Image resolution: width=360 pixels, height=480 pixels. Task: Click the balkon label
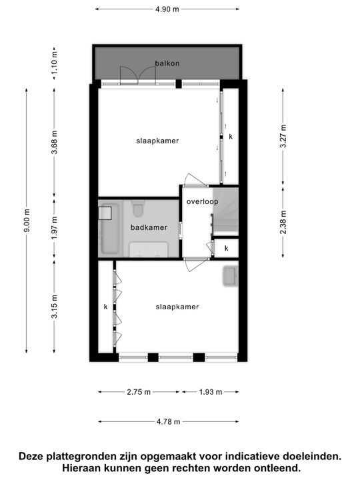(x=167, y=63)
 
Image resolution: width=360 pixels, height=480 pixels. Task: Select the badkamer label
(x=149, y=227)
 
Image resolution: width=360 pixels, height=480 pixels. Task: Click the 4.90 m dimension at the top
(x=167, y=9)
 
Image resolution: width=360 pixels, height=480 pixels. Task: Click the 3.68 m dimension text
(x=55, y=141)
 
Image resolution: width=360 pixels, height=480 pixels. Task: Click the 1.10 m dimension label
(x=55, y=62)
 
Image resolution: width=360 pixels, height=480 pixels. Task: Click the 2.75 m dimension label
(x=139, y=392)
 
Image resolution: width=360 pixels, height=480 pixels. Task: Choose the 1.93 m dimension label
(x=210, y=392)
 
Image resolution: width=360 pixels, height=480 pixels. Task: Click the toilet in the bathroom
(x=139, y=209)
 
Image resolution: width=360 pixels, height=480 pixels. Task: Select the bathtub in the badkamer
(x=108, y=230)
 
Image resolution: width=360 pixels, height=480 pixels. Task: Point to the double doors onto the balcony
(x=138, y=75)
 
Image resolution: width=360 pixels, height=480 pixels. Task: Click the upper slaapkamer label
(x=158, y=141)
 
